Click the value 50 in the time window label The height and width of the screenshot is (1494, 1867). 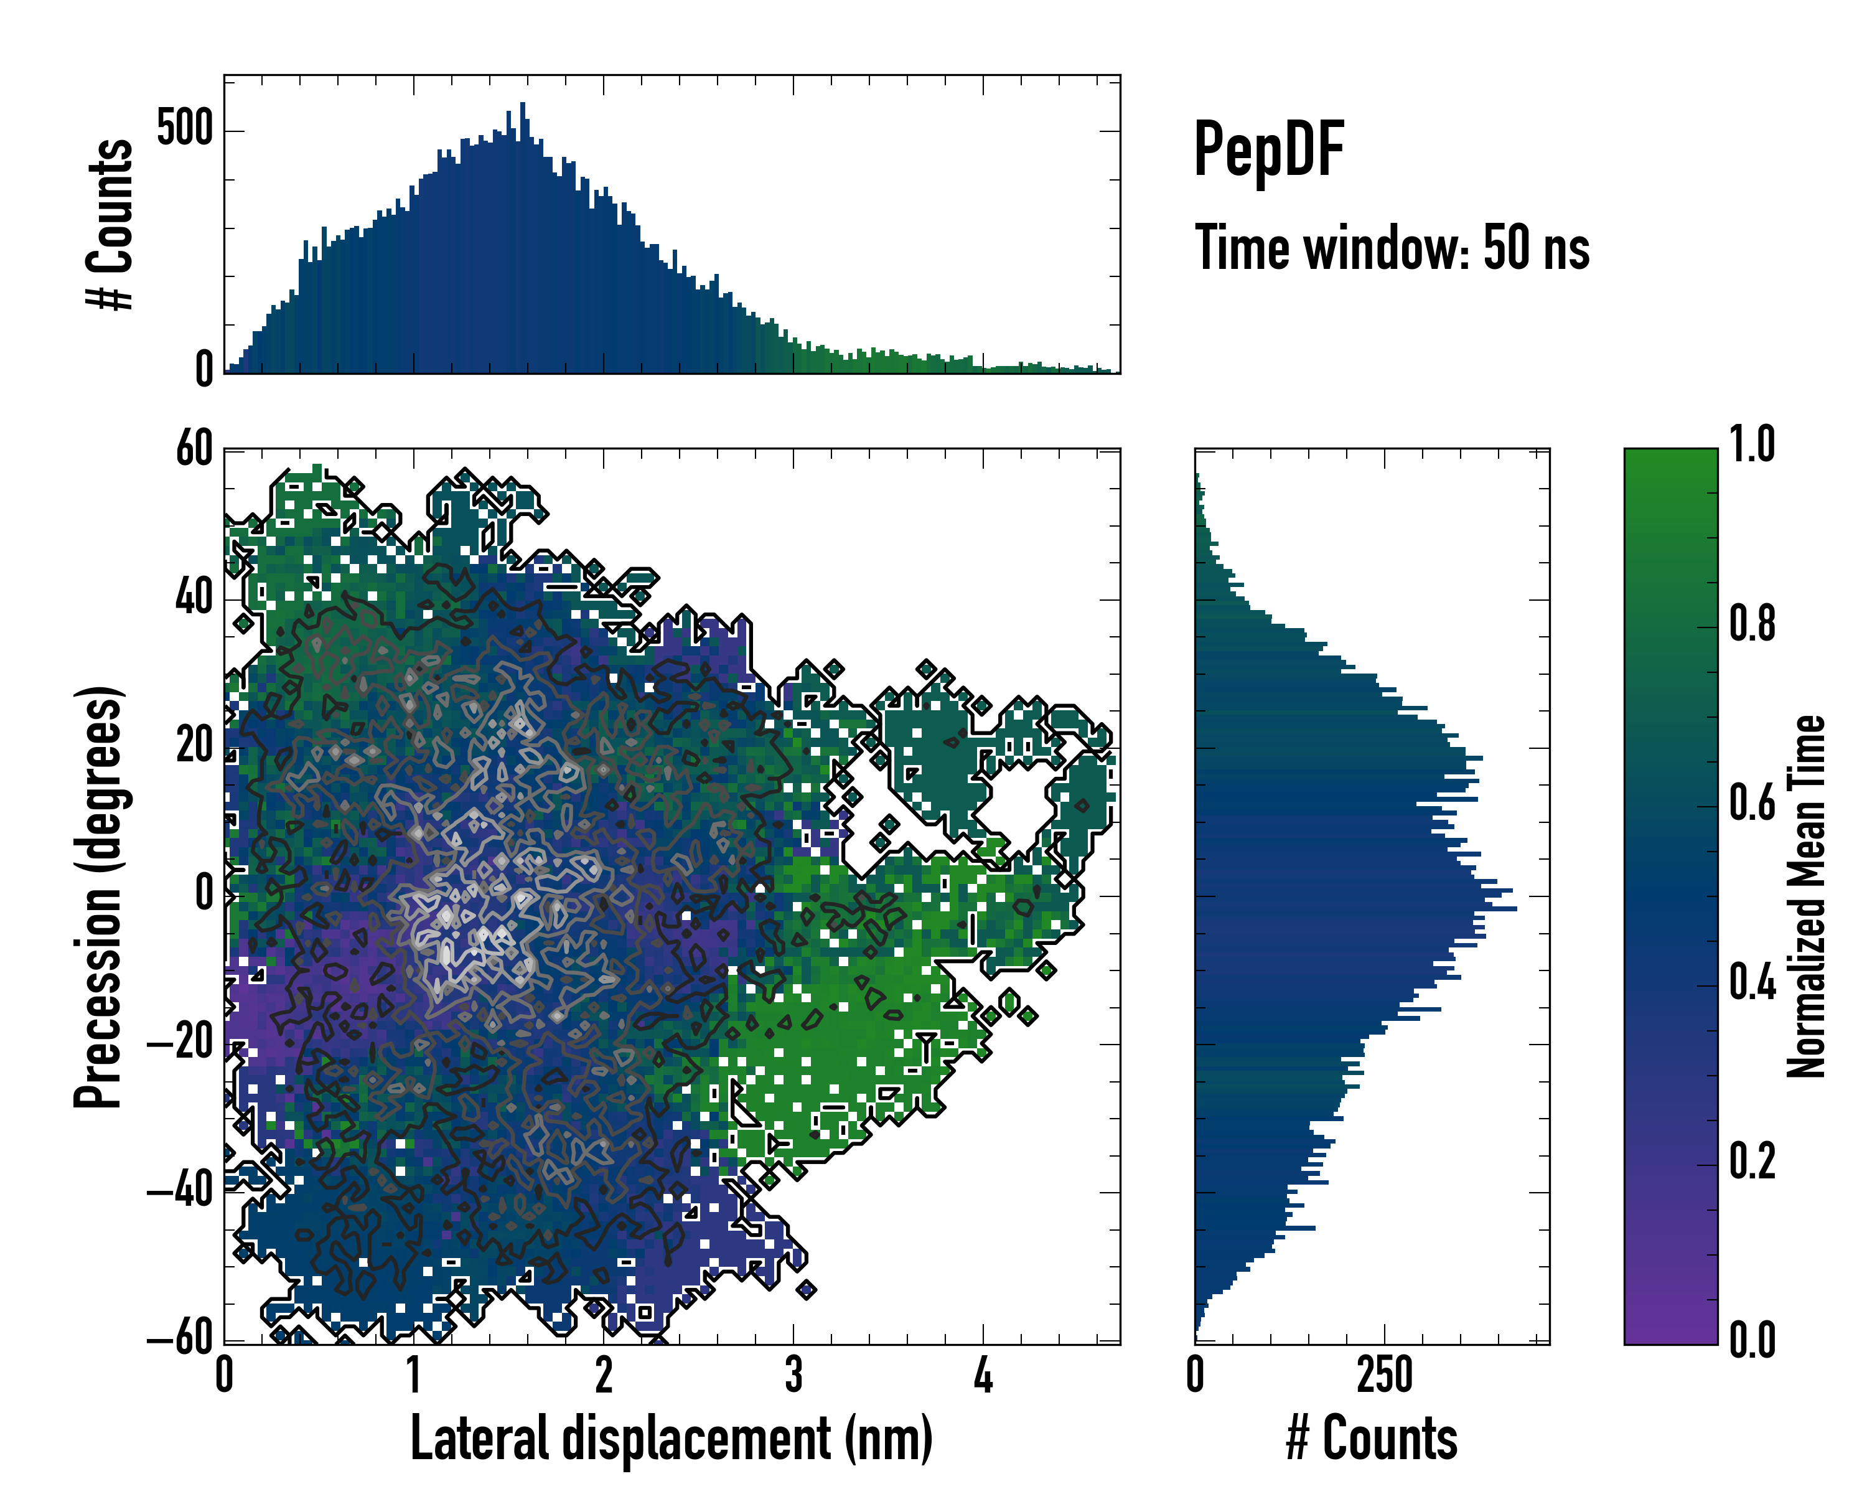point(1507,248)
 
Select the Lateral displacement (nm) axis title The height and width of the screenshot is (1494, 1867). point(671,1439)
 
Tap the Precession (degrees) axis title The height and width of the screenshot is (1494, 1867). point(98,896)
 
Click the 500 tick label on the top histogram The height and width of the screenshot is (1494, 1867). point(184,130)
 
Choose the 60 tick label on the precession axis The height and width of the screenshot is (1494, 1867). point(194,450)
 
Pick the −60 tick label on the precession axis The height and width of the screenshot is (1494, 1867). point(180,1340)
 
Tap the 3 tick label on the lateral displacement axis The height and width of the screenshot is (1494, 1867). point(793,1375)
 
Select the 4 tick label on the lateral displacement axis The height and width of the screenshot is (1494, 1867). point(983,1375)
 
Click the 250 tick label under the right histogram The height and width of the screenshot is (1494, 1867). point(1385,1375)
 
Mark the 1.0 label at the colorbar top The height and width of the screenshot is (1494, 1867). point(1752,445)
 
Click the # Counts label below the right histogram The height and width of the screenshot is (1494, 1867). point(1372,1439)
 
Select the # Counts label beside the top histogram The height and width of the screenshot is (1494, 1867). point(110,224)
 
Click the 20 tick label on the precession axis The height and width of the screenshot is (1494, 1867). point(194,746)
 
